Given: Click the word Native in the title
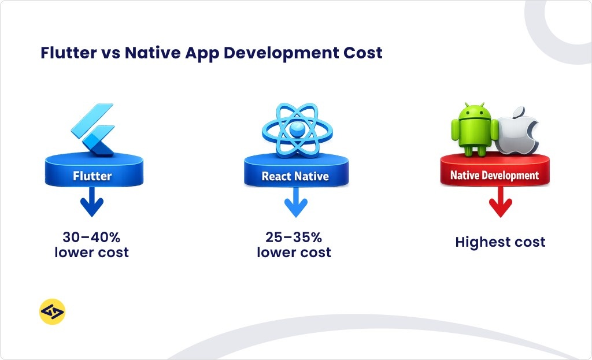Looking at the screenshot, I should (x=152, y=53).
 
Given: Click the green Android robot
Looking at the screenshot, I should (x=474, y=130).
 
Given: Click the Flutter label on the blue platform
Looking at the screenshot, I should (x=92, y=176).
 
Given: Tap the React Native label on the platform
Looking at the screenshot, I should (x=295, y=176).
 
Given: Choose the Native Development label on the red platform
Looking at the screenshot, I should (x=494, y=175).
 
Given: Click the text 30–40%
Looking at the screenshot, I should (x=91, y=237).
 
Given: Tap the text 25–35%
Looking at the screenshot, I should (x=294, y=237).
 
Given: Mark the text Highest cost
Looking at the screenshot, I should (x=500, y=242).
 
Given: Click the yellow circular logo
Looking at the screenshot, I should (x=52, y=313).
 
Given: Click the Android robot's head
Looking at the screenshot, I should (x=474, y=112).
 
